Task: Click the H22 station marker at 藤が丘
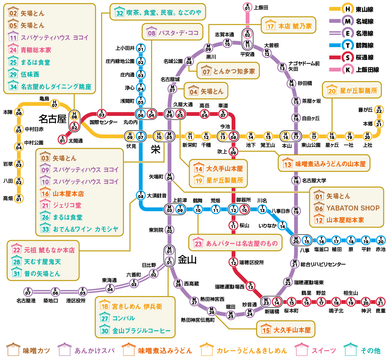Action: pos(379,110)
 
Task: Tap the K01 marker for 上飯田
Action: pos(247,7)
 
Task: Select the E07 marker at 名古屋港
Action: pos(28,291)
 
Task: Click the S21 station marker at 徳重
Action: pos(381,302)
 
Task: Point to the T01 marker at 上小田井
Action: pos(141,48)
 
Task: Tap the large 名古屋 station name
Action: pos(52,119)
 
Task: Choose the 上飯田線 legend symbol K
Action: pos(348,70)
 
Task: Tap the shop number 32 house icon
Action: pos(120,12)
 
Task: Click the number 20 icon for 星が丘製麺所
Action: pos(332,91)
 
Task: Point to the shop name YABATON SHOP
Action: pos(353,208)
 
